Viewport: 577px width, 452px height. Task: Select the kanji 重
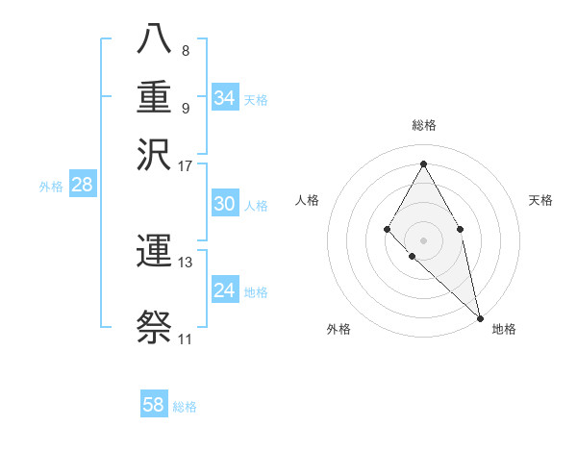click(x=156, y=98)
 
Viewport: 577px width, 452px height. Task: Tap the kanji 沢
click(x=156, y=154)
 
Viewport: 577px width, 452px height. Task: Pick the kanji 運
click(x=156, y=253)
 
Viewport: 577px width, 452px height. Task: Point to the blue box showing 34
click(x=225, y=98)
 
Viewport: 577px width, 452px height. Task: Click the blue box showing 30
click(x=225, y=204)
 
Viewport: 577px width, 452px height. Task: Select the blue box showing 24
click(x=225, y=290)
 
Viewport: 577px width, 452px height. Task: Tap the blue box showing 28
click(x=83, y=186)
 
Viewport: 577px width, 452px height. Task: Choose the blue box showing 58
click(x=154, y=405)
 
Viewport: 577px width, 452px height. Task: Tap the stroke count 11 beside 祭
click(x=185, y=339)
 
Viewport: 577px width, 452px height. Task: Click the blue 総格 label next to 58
click(x=185, y=407)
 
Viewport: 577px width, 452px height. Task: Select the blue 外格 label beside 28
click(x=51, y=188)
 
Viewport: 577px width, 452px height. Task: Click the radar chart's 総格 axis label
click(x=423, y=126)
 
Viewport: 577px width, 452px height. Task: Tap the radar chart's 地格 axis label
click(x=504, y=330)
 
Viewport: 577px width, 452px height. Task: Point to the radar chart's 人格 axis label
click(x=308, y=200)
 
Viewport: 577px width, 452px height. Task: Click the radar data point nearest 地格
click(x=480, y=318)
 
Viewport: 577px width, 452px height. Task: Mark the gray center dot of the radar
click(x=423, y=239)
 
